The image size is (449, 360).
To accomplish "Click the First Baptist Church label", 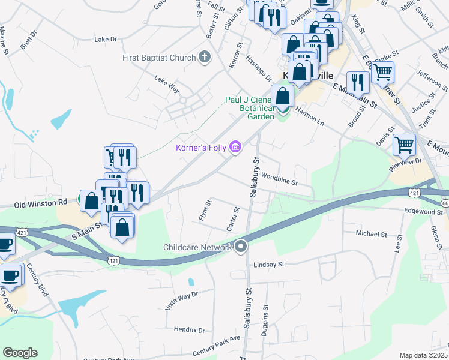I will coord(159,58).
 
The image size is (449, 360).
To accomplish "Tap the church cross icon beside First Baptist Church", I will coord(205,58).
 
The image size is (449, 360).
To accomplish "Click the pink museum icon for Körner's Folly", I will coord(235,147).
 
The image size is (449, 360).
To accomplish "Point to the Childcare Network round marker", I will coord(241,246).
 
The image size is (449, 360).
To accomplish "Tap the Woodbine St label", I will coord(279,179).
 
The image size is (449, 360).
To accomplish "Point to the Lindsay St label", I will coord(268,264).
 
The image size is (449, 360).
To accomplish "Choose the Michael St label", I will coord(372,233).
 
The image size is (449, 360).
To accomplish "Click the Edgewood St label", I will coord(423,211).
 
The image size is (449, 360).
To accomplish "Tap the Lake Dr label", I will coord(106,40).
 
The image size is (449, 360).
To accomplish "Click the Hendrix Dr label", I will coord(189,329).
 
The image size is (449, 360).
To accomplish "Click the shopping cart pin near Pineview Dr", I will coord(404,144).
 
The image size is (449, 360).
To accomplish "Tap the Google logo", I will coord(20,353).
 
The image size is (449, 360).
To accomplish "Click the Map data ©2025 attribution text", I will coord(423,355).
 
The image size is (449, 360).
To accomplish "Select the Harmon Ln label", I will coord(309,116).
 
